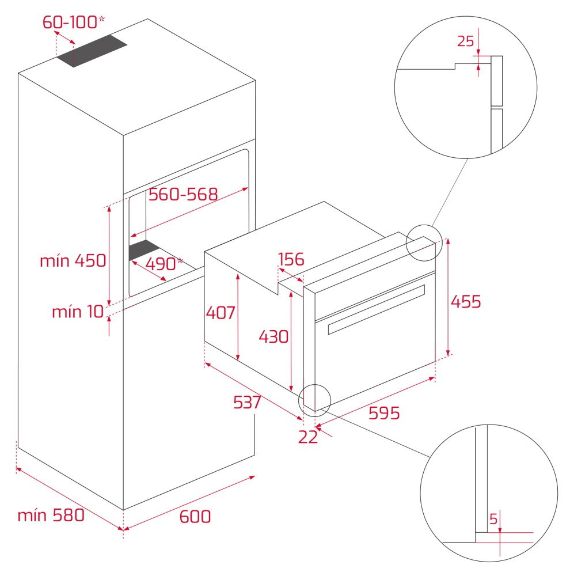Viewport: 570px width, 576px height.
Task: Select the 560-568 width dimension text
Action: click(183, 194)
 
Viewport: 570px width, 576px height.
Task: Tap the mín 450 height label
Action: click(73, 260)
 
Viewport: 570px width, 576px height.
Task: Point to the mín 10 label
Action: click(78, 312)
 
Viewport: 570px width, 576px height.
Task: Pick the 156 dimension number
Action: click(291, 259)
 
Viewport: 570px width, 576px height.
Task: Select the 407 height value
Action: click(221, 313)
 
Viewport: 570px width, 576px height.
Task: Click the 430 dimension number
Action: click(273, 336)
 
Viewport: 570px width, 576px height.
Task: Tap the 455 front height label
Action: click(466, 301)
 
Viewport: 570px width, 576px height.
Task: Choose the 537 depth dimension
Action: click(247, 402)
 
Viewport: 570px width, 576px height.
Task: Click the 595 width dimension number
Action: click(384, 413)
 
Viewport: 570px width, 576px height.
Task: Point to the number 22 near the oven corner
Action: click(308, 437)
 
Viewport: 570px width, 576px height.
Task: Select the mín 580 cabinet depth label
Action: click(51, 515)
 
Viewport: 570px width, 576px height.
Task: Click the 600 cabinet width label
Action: click(195, 516)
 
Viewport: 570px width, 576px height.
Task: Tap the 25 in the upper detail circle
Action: click(465, 41)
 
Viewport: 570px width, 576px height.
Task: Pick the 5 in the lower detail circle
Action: click(493, 519)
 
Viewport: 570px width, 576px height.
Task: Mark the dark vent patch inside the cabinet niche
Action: click(143, 250)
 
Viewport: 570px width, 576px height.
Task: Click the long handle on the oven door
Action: click(377, 309)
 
